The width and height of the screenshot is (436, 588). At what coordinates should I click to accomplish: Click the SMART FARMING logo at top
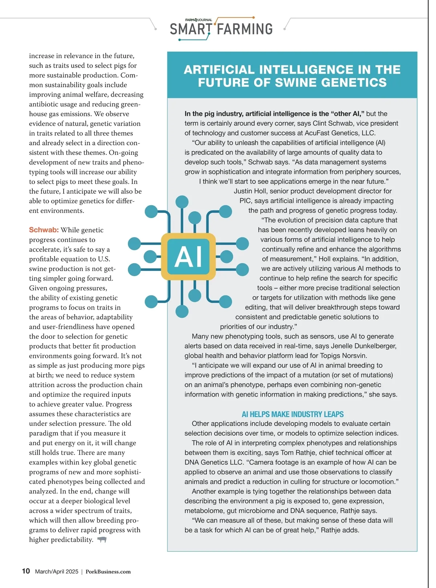[x=221, y=29]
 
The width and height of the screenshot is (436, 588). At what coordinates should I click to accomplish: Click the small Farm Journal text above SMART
[x=198, y=20]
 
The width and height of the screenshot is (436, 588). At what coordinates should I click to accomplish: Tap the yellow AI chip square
[x=188, y=257]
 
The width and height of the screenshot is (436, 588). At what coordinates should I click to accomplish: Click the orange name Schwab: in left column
[x=44, y=230]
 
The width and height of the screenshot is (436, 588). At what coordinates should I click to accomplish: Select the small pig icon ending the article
[x=102, y=540]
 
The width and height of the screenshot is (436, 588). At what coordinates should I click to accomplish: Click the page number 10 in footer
[x=26, y=571]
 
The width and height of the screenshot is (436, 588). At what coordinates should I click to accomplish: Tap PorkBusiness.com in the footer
[x=108, y=572]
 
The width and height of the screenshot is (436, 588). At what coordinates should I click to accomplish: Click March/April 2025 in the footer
[x=56, y=572]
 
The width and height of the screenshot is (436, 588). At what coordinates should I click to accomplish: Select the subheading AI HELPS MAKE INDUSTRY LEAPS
[x=292, y=414]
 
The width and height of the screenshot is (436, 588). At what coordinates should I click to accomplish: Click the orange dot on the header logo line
[x=253, y=17]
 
